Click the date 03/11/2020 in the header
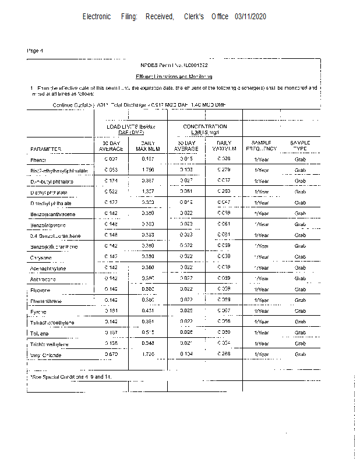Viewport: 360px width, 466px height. [251, 17]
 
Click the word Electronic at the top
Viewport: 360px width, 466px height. [97, 17]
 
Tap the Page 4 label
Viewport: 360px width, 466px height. [36, 51]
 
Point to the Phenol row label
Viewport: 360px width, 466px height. [38, 160]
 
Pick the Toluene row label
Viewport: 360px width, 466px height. [40, 333]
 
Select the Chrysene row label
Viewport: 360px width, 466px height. [40, 257]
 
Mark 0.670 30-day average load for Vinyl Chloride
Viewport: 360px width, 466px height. [111, 354]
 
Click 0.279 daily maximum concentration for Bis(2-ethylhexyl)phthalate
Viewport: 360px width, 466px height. [224, 170]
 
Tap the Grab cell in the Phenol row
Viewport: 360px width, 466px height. [300, 159]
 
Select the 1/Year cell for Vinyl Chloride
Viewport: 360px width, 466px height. [262, 354]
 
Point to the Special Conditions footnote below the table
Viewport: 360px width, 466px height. [70, 377]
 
